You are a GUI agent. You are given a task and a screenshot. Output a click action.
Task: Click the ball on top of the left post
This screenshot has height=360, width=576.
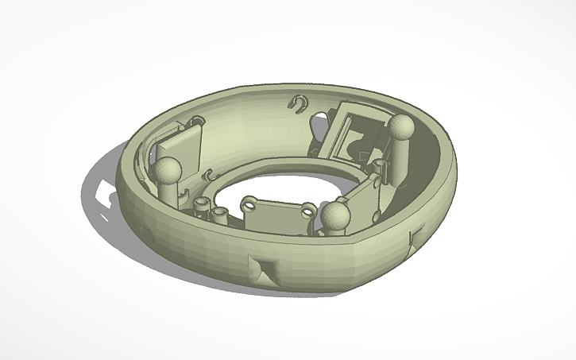(168, 168)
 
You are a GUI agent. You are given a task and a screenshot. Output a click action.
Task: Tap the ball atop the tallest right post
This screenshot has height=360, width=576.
(401, 126)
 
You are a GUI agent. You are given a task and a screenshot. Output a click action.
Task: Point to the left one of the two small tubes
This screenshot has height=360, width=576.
(202, 207)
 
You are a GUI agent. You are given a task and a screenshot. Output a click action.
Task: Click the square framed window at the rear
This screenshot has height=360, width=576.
(350, 127)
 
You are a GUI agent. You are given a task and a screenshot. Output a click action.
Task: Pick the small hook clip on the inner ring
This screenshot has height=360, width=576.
(211, 174)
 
